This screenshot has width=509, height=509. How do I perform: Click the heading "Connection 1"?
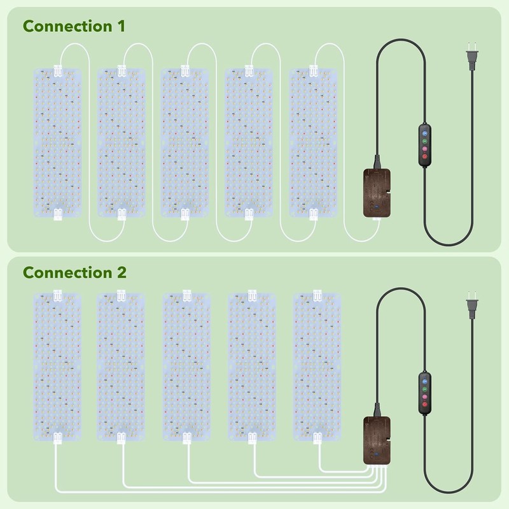point(74,26)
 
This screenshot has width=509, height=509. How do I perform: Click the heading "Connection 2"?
point(74,272)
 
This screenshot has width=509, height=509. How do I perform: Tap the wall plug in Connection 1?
point(472,57)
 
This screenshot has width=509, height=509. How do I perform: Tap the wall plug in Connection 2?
point(472,305)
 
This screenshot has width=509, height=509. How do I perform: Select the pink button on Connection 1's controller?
point(424,149)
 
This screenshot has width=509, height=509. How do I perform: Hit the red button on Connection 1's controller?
point(424,157)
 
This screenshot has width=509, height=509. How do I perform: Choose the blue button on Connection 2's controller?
point(424,381)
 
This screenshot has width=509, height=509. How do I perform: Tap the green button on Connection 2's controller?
point(424,389)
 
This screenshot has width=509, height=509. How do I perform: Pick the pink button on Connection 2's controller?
point(424,396)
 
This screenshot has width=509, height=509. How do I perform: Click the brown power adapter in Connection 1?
point(377,193)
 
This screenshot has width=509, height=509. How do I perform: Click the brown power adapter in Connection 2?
point(377,440)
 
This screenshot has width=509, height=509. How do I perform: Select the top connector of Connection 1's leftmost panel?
point(58,71)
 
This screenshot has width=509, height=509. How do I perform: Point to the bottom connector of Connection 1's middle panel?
point(185,214)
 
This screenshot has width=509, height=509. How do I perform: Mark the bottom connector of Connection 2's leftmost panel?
point(58,438)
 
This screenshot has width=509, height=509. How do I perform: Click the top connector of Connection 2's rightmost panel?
point(317,296)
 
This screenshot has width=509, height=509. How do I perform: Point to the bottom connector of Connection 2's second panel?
point(121,438)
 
